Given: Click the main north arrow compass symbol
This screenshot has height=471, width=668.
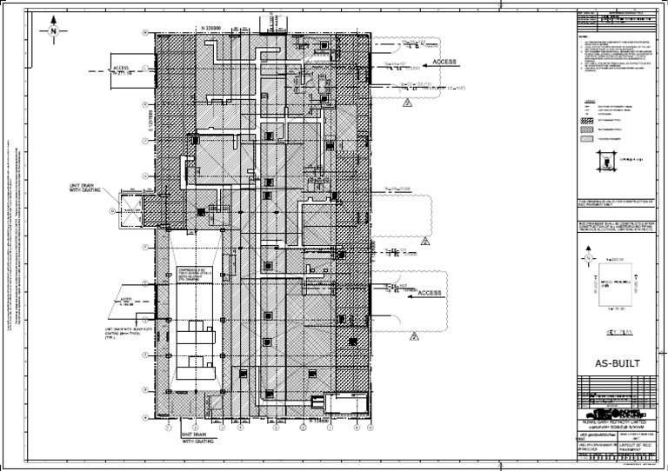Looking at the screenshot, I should tap(53, 30).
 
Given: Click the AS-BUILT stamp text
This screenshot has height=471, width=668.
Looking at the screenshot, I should tap(619, 362).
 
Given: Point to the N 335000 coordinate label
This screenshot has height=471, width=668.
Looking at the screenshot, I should tap(212, 28).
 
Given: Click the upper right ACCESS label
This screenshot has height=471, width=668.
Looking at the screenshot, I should tap(444, 63).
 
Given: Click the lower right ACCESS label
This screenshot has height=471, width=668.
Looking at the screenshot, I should tap(429, 294).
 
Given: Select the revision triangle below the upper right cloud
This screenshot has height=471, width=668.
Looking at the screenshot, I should tap(406, 103).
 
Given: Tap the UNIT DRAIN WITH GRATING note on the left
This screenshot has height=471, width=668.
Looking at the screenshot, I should tap(87, 188).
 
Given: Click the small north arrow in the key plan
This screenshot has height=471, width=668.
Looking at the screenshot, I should tap(589, 259).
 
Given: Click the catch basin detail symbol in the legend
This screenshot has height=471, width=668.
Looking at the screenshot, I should tap(606, 159).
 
